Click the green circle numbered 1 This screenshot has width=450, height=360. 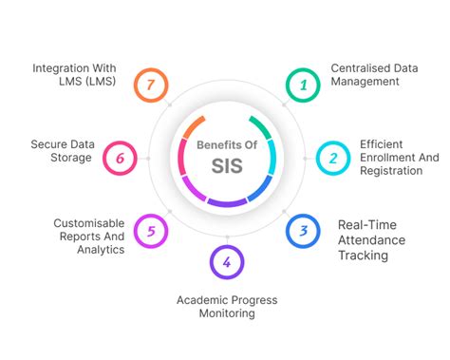click(x=303, y=85)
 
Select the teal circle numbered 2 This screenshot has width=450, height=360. click(x=333, y=157)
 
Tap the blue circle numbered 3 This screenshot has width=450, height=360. click(x=303, y=229)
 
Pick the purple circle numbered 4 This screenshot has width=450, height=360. click(x=226, y=261)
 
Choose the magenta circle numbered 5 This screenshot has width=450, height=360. click(x=150, y=229)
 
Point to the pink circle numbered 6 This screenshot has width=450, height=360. click(x=120, y=157)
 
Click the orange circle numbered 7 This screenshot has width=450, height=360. click(x=150, y=85)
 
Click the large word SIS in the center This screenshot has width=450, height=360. click(x=225, y=167)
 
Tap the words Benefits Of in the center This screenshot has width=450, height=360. click(x=225, y=145)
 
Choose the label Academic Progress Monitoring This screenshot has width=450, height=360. click(x=227, y=307)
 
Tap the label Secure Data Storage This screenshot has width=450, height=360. click(x=62, y=151)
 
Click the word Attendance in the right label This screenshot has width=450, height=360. click(x=371, y=240)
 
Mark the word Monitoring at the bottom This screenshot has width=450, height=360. click(x=227, y=314)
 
